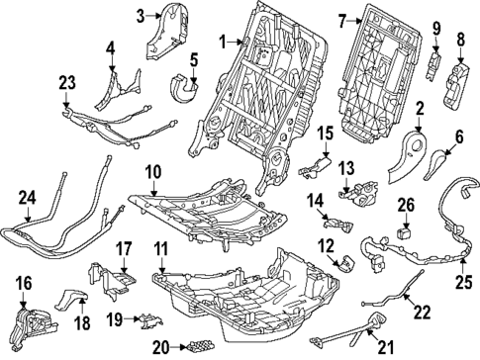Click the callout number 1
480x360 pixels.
coord(224,42)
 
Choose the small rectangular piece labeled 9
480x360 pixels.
coord(433,66)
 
